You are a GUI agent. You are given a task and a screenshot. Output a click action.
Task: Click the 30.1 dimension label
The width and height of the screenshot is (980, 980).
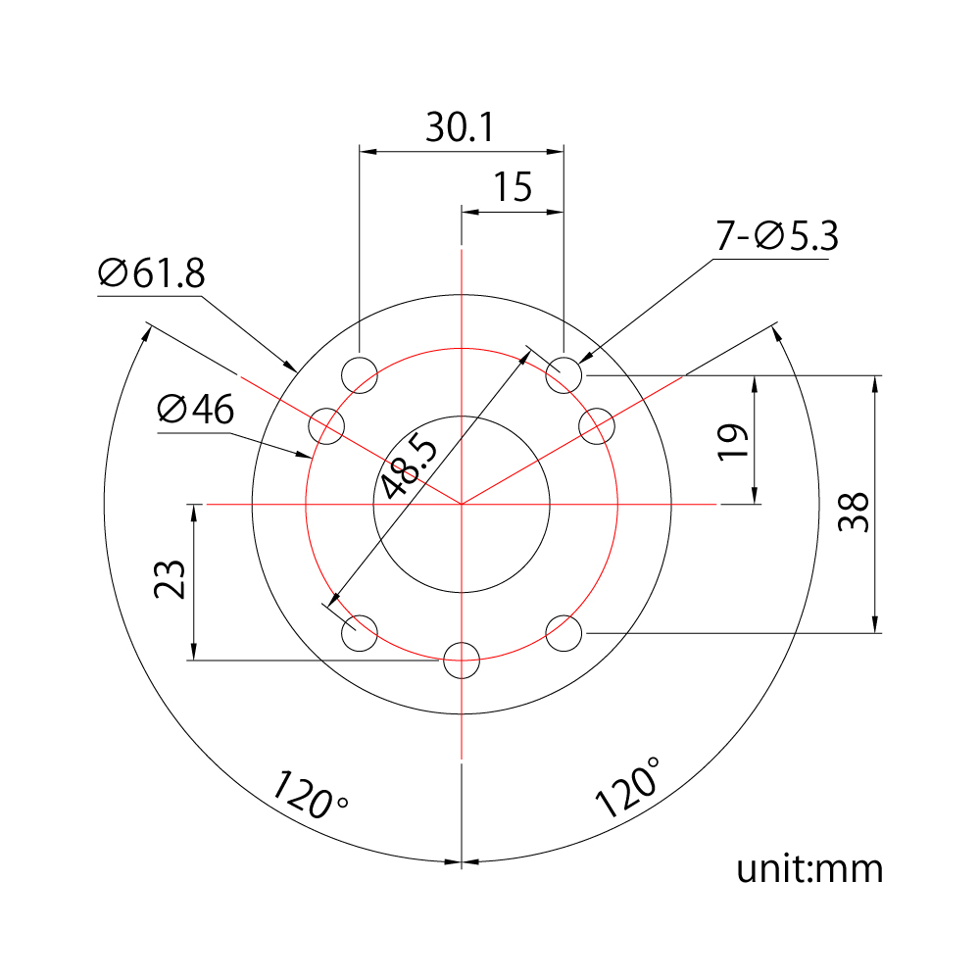coord(461,127)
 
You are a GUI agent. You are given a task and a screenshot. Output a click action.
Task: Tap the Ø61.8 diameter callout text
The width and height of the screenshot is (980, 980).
coord(152,274)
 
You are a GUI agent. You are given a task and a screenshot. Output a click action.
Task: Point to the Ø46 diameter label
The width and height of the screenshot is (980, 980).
coord(196,410)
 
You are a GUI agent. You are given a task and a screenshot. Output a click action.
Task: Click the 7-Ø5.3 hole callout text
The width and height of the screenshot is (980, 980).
coord(776,238)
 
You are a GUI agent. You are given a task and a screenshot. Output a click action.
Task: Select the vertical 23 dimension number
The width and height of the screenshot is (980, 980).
coord(170,579)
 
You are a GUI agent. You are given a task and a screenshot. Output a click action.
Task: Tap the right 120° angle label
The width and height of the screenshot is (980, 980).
coord(627,787)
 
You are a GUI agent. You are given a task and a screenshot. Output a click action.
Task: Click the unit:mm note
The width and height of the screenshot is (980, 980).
coord(809,869)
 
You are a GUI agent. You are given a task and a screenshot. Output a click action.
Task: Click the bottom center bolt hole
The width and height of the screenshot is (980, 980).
coord(462,661)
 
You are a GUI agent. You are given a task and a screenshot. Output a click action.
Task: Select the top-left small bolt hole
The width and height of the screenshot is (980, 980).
coord(360,374)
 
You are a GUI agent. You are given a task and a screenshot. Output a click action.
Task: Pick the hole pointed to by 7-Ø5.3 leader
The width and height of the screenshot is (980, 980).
coord(564,374)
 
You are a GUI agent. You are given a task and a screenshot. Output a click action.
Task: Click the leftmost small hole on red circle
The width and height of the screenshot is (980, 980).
coord(327,426)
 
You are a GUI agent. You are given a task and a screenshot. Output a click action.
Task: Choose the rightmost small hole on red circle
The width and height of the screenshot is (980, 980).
coord(596,426)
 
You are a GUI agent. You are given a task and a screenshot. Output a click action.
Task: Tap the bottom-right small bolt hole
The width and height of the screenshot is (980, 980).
coord(563,633)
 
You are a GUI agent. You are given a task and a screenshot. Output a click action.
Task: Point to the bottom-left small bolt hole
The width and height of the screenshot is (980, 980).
coord(360,633)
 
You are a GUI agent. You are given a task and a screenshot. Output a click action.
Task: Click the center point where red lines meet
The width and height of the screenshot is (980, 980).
coord(462,504)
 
